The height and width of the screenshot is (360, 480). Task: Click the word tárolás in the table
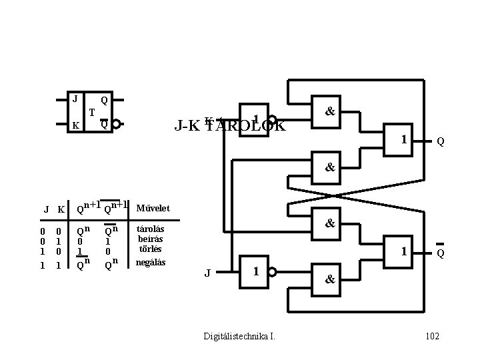click(149, 228)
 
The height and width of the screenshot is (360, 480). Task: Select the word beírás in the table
click(150, 239)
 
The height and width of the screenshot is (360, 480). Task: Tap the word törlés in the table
click(150, 249)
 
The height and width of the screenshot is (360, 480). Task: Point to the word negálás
click(150, 262)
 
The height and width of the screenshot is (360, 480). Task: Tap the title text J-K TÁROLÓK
click(229, 125)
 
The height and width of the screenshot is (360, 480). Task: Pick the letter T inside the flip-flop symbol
click(92, 111)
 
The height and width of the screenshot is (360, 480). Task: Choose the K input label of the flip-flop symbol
click(76, 125)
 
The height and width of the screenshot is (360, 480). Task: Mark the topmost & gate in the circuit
click(329, 113)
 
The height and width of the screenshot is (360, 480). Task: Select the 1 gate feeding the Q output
click(403, 139)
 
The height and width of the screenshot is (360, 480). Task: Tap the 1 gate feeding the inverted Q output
click(403, 251)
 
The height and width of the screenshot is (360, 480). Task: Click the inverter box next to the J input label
click(256, 272)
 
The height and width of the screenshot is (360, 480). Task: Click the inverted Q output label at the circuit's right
click(440, 253)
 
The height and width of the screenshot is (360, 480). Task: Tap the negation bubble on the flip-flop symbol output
click(116, 124)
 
